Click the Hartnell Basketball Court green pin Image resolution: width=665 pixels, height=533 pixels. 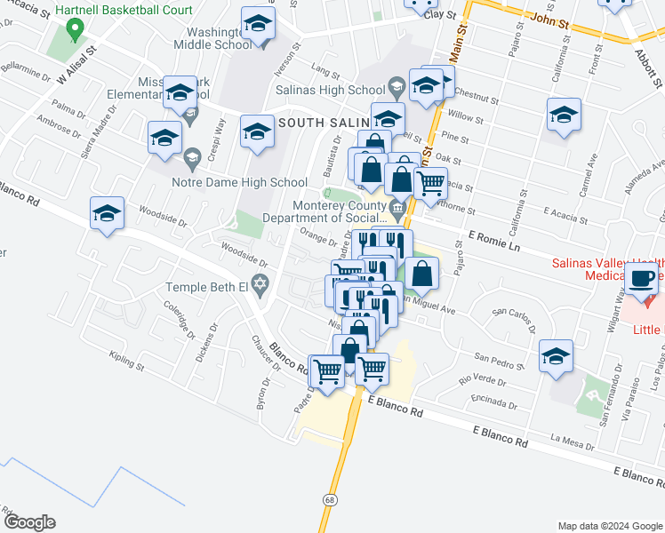coord(76,30)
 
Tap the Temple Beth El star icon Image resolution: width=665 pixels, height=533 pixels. coord(260,286)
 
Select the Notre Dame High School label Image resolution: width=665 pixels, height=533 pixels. coord(239,183)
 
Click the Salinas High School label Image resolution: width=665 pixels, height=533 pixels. coord(330,89)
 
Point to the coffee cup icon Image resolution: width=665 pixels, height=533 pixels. coord(641,278)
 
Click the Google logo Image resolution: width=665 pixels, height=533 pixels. coord(29,522)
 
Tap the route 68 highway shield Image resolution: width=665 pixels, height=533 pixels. coord(331,501)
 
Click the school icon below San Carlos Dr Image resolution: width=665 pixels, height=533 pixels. coord(557,357)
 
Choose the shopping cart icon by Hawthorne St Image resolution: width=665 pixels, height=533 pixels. coord(430,183)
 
